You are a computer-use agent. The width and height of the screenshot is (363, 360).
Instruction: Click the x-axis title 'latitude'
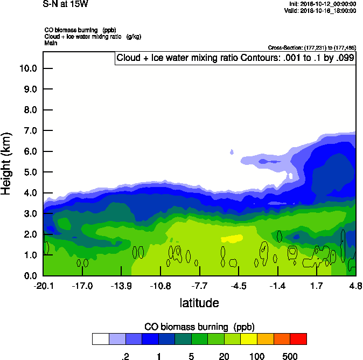199,303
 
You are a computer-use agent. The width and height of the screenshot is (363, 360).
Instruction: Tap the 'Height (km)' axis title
7,164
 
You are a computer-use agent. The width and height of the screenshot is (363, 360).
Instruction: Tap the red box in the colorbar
298,339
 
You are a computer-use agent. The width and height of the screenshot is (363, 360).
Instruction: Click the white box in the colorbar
100,339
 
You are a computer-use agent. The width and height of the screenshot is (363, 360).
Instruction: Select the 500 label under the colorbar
290,356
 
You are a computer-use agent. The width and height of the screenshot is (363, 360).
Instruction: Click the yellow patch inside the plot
232,238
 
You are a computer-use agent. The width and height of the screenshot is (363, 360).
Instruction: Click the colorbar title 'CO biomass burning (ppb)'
199,327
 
